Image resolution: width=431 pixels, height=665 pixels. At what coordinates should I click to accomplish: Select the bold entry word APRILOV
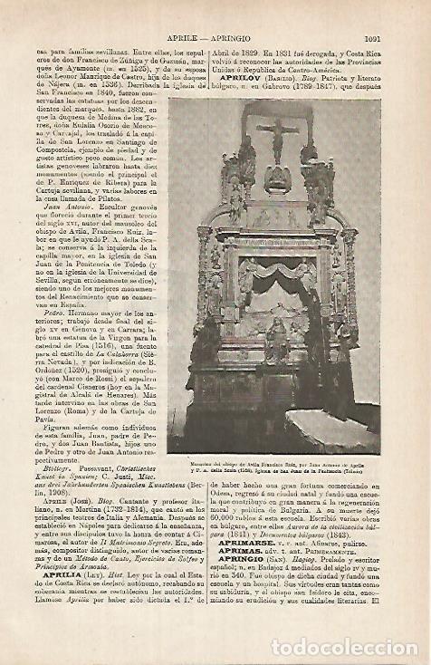[x=240, y=79]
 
